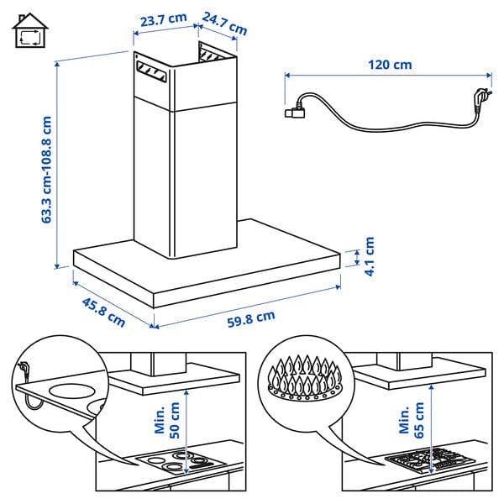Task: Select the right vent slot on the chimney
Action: coord(214,55)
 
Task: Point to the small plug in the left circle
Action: coord(25,368)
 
